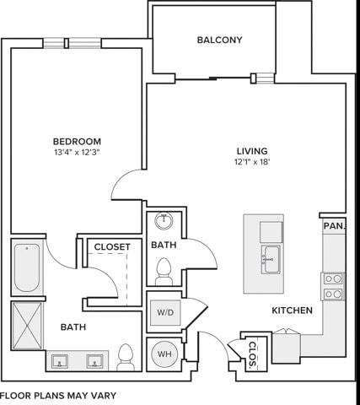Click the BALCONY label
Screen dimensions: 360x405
(x=219, y=40)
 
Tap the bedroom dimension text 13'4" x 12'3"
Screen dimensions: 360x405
(x=78, y=153)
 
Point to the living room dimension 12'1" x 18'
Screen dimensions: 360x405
(x=252, y=162)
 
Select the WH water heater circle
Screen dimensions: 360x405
(x=164, y=354)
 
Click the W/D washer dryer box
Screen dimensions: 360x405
(x=165, y=312)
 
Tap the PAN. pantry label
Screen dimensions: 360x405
(x=334, y=225)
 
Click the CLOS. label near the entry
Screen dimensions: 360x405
(x=253, y=355)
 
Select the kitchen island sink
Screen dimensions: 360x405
(x=271, y=259)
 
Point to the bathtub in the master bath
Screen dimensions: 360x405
(x=27, y=267)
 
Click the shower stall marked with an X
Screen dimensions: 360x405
(x=27, y=326)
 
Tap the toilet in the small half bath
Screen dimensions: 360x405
(x=164, y=272)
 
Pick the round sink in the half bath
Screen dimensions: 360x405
(x=164, y=221)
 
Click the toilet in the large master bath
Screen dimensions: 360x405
(x=126, y=357)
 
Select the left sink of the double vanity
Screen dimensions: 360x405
(x=60, y=361)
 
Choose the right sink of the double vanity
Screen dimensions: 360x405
(x=94, y=361)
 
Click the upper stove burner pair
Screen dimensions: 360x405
(x=333, y=279)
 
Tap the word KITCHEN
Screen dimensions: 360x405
(x=293, y=310)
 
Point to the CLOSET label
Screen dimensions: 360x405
(x=112, y=247)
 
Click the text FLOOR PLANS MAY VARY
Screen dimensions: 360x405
(x=58, y=396)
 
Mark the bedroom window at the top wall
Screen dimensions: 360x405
(x=73, y=43)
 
